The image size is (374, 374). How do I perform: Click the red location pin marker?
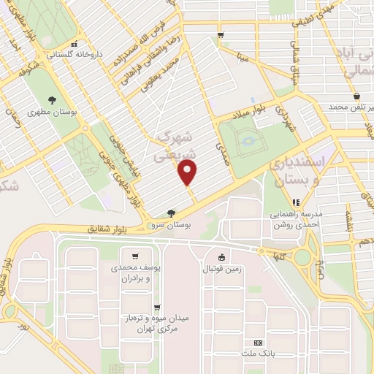[188, 172]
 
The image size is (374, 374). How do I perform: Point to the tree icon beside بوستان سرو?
[171, 213]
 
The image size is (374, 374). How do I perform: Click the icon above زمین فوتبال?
[221, 256]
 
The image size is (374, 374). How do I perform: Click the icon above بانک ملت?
[258, 342]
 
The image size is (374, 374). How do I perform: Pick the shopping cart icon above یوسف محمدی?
[136, 256]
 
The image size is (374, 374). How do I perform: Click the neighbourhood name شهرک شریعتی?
[173, 147]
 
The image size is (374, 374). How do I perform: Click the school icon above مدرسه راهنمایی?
[296, 202]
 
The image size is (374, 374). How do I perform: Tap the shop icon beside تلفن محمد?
[356, 97]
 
